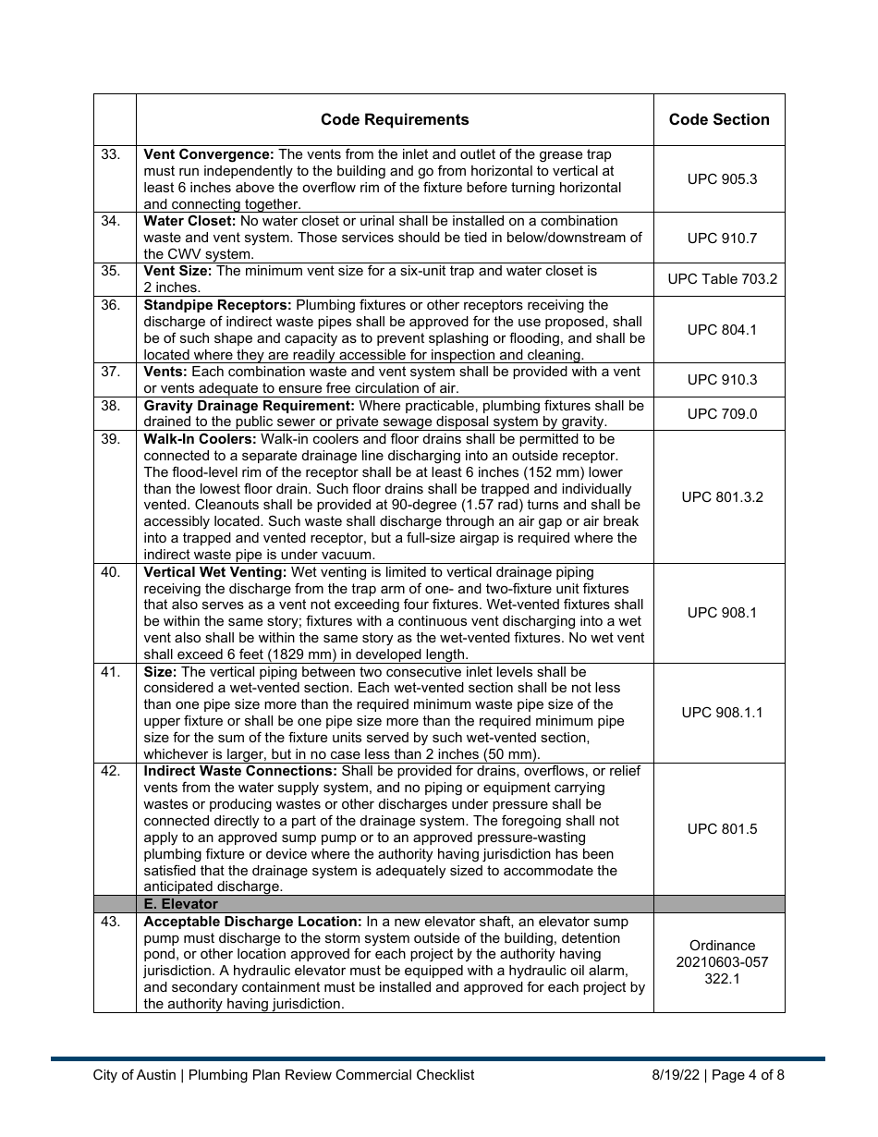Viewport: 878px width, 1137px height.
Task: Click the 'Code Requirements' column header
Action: pyautogui.click(x=395, y=119)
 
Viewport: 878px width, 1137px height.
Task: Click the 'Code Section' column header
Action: pyautogui.click(x=719, y=119)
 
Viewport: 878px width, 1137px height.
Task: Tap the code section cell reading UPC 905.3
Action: pyautogui.click(x=719, y=178)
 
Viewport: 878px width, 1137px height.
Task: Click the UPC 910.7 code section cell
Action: pyautogui.click(x=719, y=238)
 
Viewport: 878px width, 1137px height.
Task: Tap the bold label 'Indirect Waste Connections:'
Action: pyautogui.click(x=240, y=771)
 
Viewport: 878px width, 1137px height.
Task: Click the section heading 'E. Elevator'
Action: pyautogui.click(x=181, y=904)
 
